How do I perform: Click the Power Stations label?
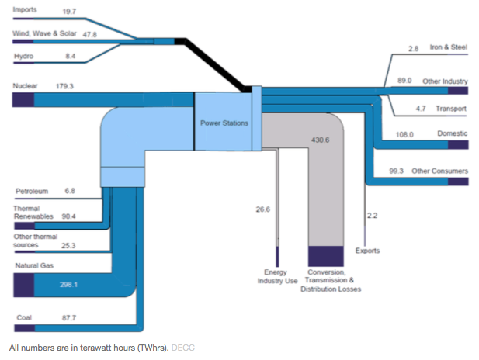(x=224, y=123)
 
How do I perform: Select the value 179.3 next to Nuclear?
(x=64, y=86)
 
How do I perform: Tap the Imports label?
(x=25, y=9)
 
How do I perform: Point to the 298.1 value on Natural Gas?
(x=69, y=285)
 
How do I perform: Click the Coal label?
(x=24, y=317)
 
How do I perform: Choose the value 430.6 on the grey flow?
(x=320, y=140)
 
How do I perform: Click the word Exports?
(x=367, y=251)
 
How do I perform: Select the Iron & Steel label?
(x=449, y=47)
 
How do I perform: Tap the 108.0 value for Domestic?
(x=404, y=135)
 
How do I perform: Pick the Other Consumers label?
(x=439, y=171)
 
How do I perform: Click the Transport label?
(x=451, y=109)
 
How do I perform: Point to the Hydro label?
(x=24, y=56)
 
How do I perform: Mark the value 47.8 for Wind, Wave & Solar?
(x=90, y=34)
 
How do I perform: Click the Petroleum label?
(x=32, y=191)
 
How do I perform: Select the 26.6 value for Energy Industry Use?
(x=262, y=209)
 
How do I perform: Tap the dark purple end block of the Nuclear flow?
(x=23, y=100)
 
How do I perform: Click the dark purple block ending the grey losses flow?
(x=326, y=256)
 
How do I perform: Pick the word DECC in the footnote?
(x=183, y=348)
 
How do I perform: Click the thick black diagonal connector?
(x=213, y=65)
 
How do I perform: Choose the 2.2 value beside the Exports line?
(x=372, y=216)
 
